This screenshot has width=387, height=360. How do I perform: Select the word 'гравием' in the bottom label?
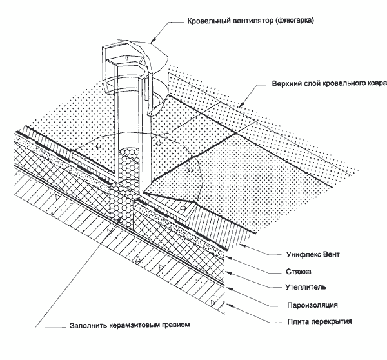coord(175,325)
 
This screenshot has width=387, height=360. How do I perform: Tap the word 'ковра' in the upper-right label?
coord(372,83)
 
